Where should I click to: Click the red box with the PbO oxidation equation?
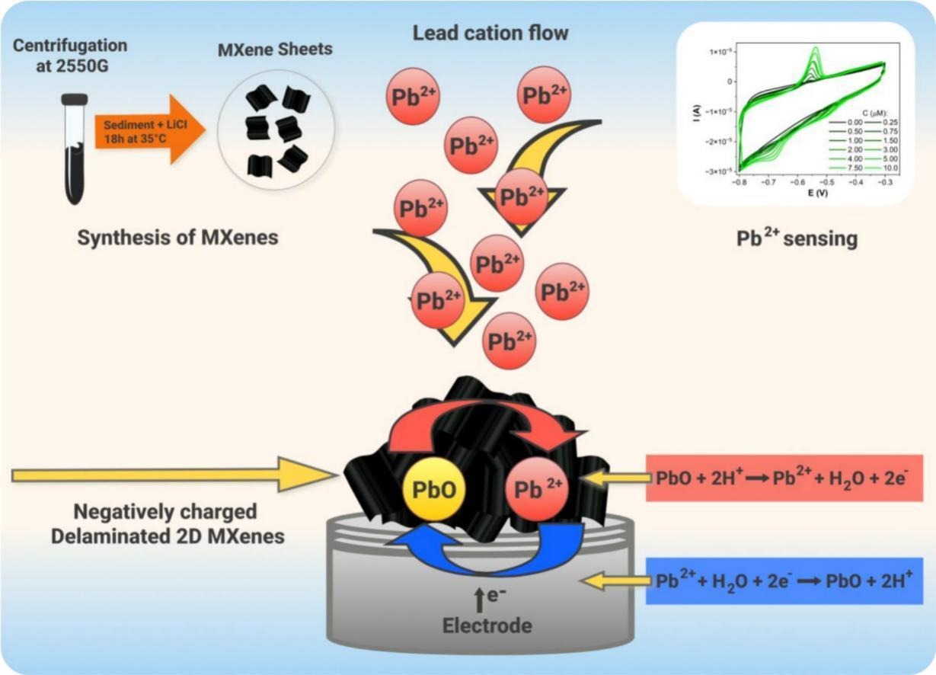coord(784,478)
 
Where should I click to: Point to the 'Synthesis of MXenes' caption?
coord(177,237)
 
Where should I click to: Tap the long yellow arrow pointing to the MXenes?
coord(174,476)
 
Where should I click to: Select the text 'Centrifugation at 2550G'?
coord(70,56)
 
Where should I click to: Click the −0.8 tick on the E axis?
coord(738,184)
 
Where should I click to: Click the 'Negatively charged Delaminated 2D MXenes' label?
coord(168,523)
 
